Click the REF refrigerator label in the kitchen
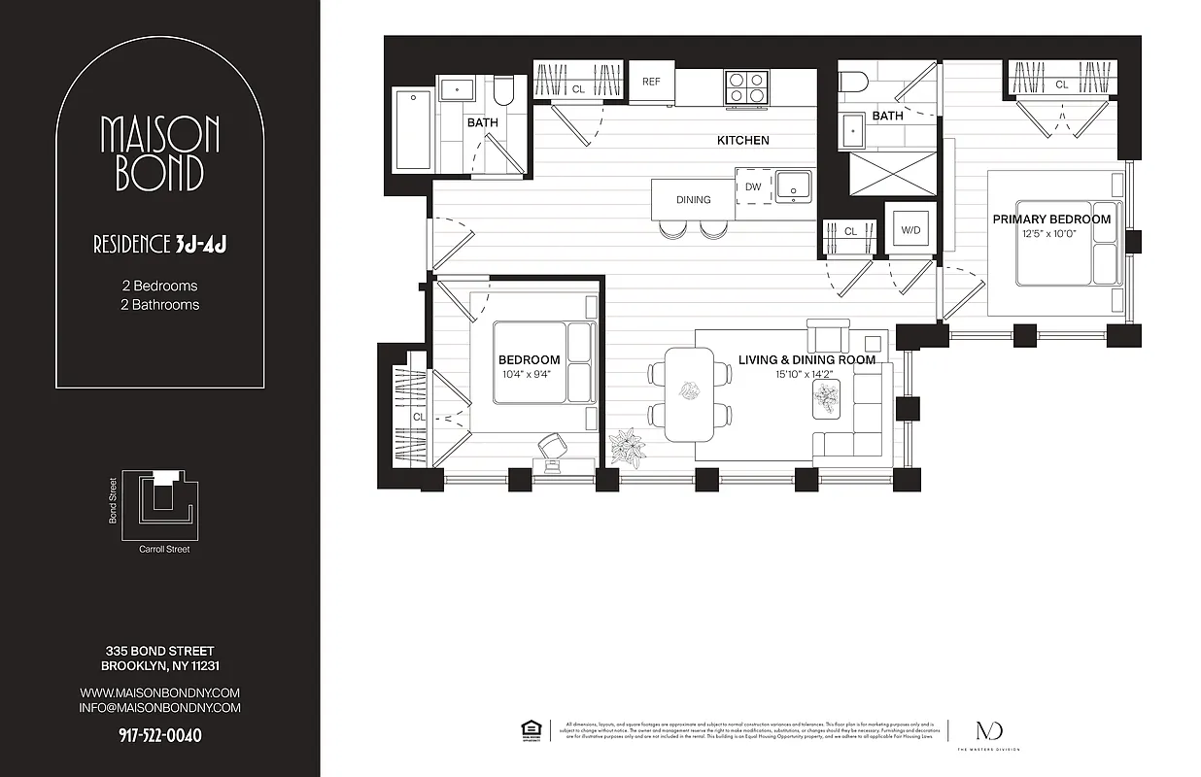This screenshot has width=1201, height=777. click(651, 82)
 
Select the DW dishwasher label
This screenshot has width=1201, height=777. click(753, 186)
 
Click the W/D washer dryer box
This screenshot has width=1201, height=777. click(911, 231)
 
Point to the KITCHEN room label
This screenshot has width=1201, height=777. click(742, 141)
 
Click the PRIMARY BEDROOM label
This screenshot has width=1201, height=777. click(1051, 220)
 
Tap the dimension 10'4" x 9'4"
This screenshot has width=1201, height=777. click(529, 374)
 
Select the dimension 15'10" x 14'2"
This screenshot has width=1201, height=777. click(806, 374)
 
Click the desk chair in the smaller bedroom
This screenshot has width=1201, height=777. click(551, 446)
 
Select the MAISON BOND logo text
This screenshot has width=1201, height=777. click(160, 153)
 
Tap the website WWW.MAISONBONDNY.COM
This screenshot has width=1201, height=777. click(159, 693)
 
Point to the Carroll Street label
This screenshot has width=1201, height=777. click(164, 550)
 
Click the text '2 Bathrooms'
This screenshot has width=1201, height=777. click(159, 304)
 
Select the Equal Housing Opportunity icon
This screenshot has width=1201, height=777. click(531, 729)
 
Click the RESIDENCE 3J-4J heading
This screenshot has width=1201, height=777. click(159, 244)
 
